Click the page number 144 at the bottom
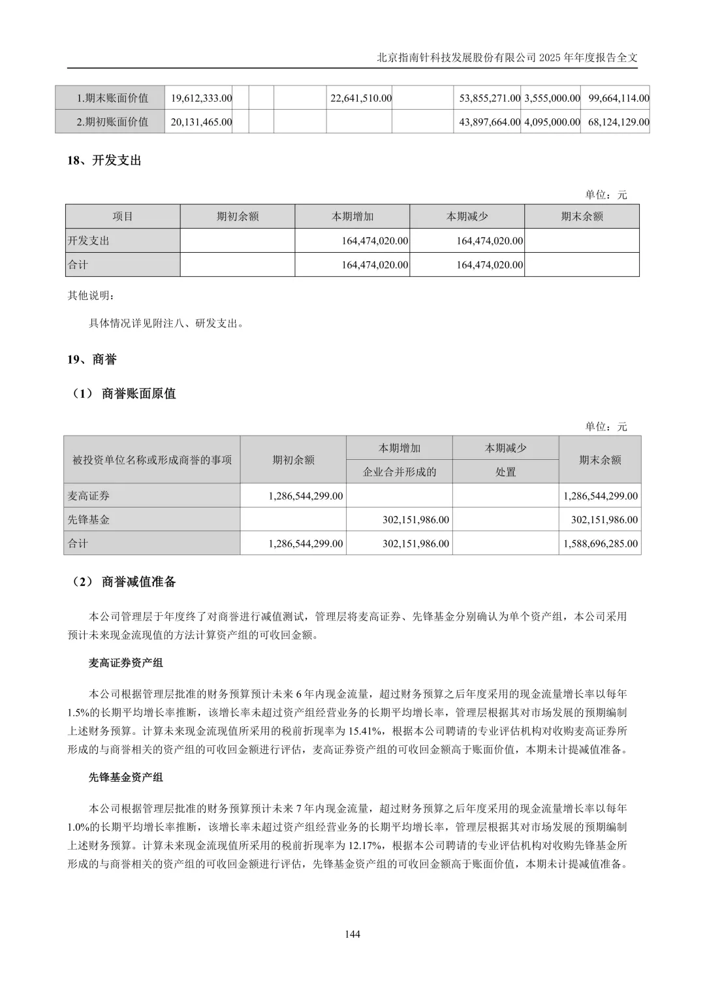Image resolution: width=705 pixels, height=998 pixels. [352, 934]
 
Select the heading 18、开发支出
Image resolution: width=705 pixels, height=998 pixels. [104, 161]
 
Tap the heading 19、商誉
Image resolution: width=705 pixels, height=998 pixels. [92, 360]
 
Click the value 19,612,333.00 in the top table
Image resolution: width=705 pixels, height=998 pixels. [201, 98]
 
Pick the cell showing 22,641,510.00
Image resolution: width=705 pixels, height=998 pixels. [361, 98]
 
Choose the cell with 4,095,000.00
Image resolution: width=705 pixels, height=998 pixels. [552, 122]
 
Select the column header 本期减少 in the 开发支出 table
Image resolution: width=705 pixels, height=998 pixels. [467, 216]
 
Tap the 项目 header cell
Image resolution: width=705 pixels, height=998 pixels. [123, 216]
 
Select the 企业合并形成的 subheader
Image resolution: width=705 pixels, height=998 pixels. [399, 472]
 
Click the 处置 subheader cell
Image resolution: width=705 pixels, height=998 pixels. [505, 472]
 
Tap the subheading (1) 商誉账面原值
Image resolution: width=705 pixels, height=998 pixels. [124, 394]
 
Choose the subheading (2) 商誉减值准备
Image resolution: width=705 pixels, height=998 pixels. [124, 582]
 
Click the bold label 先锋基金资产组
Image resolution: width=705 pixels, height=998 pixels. [125, 777]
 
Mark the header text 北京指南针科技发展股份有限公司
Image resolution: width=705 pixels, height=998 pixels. [456, 57]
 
